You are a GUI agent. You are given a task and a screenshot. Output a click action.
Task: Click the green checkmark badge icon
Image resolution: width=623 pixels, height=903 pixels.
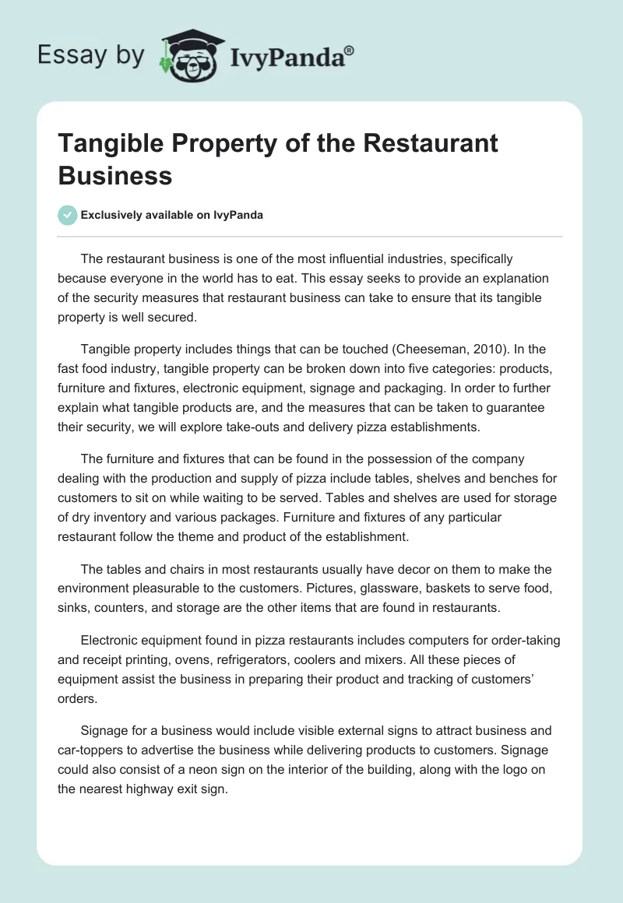pos(68,215)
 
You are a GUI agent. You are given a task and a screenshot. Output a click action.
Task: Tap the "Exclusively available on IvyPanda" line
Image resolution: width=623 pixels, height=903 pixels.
pos(172,215)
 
